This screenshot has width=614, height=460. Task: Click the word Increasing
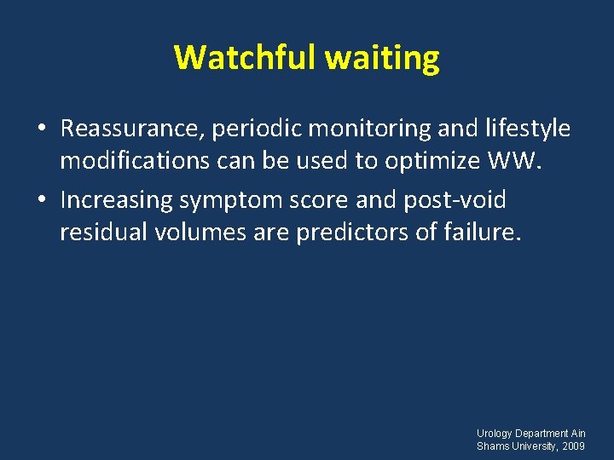(x=119, y=201)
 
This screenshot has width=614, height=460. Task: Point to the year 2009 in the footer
(x=574, y=446)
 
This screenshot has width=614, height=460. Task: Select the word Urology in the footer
(x=495, y=434)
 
